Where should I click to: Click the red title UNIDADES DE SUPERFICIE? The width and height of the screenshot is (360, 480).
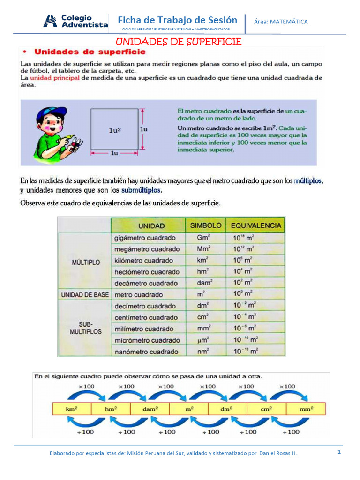click(179, 42)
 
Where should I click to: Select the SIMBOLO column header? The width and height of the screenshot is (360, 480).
click(205, 225)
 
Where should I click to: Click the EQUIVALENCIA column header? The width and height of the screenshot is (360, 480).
click(255, 225)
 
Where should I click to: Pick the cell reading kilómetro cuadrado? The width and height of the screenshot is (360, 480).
click(143, 260)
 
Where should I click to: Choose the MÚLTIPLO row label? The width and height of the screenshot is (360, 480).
click(86, 262)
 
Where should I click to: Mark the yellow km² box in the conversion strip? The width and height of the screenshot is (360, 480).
click(71, 408)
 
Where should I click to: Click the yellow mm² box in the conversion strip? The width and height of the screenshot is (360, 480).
click(306, 408)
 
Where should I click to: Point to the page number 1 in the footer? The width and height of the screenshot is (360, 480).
click(338, 452)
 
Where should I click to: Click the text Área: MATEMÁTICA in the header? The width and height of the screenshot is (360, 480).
click(281, 22)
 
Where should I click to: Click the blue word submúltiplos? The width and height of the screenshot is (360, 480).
click(141, 190)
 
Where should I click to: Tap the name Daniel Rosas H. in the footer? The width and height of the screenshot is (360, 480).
click(277, 453)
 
